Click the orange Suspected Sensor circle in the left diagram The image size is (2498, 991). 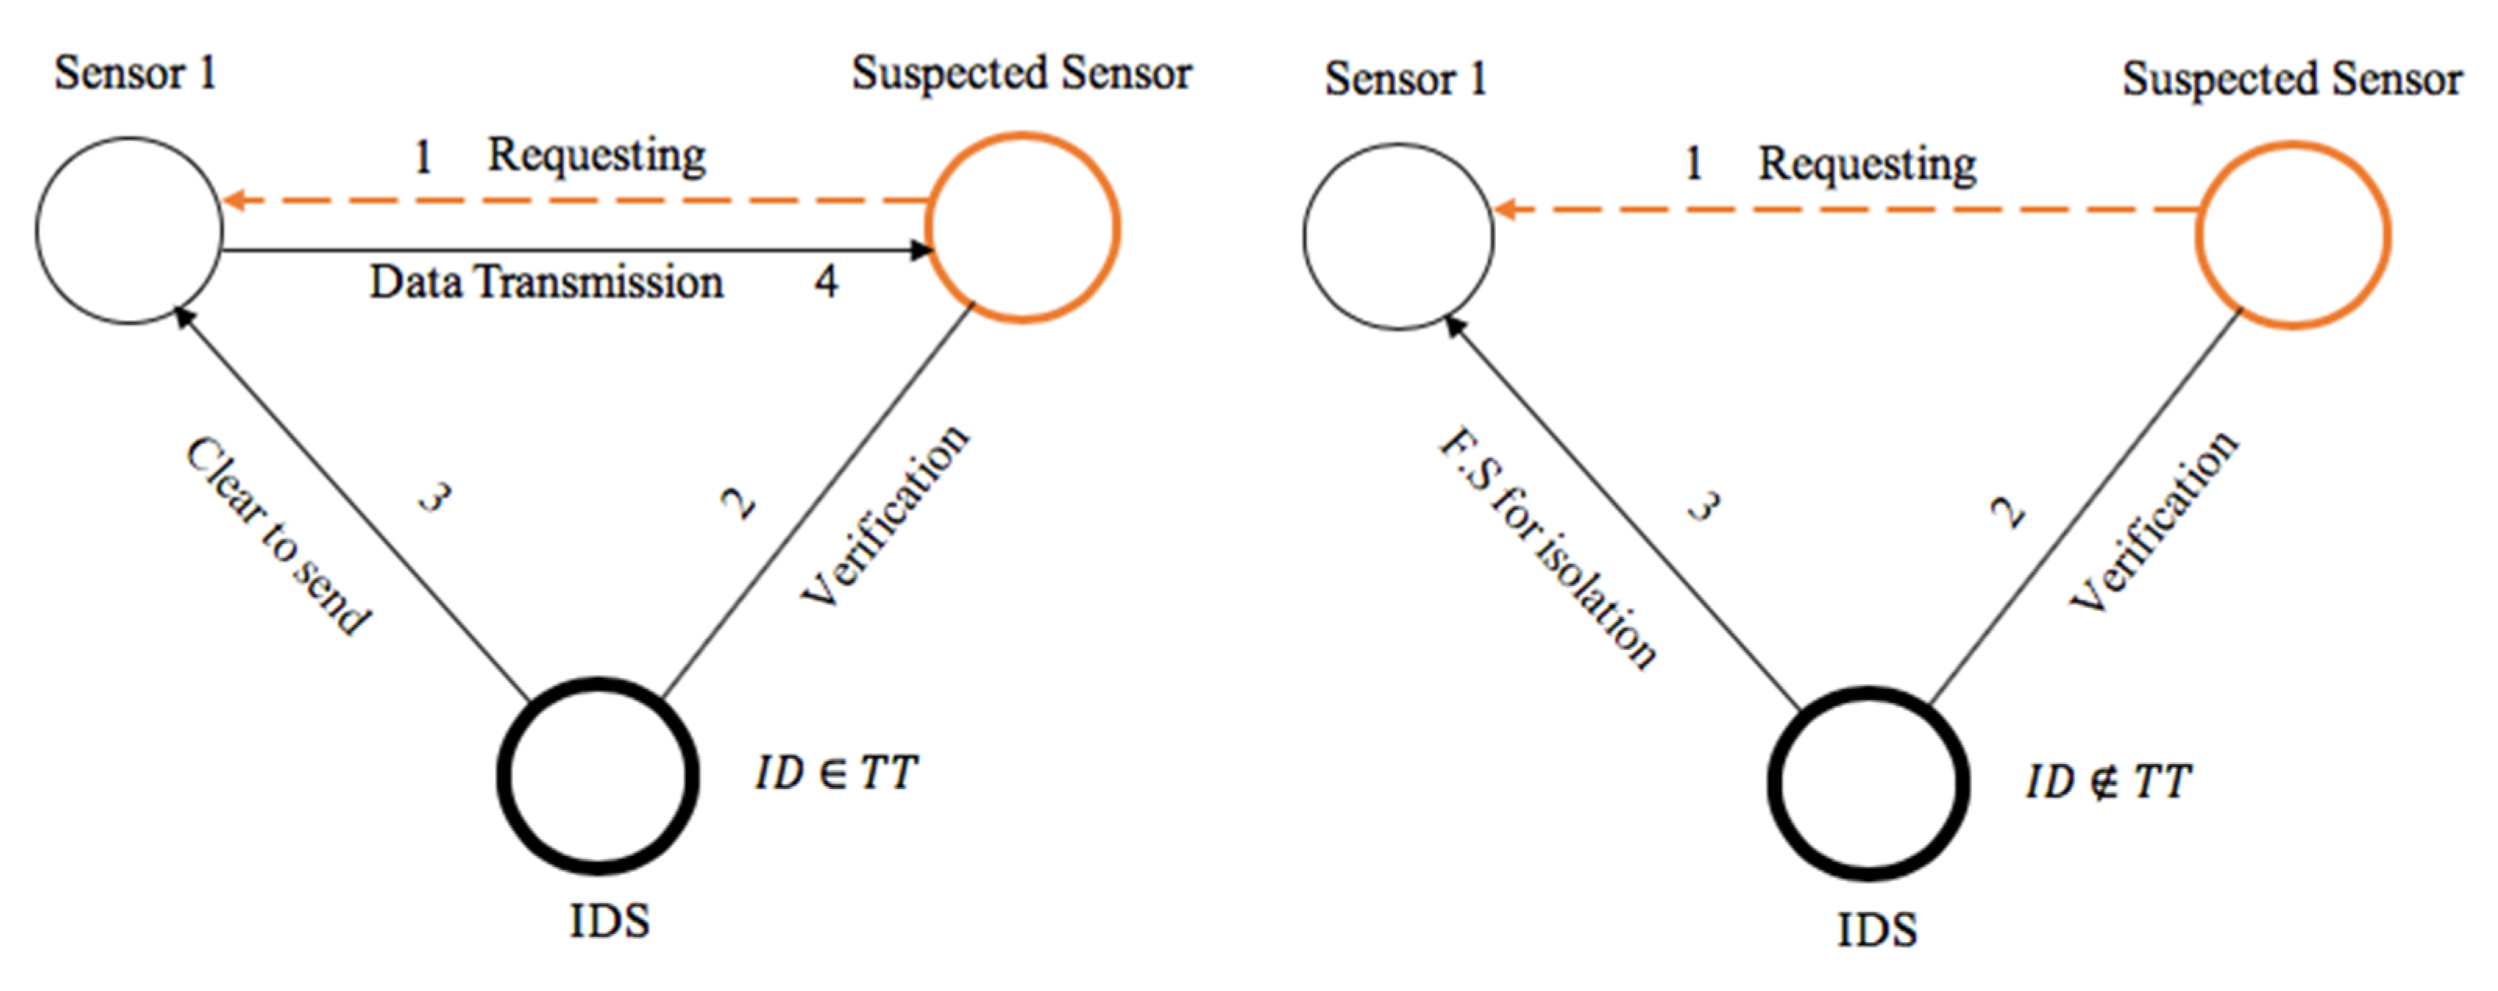pos(1023,228)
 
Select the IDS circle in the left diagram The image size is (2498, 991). pos(599,776)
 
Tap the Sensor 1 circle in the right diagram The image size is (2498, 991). pos(1398,236)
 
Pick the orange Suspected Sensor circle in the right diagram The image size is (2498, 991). pos(2294,236)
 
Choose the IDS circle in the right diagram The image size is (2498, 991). pos(1869,783)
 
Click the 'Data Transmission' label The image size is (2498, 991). pos(546,283)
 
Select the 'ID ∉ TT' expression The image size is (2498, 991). pos(2107,782)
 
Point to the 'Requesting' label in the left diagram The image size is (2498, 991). pos(596,155)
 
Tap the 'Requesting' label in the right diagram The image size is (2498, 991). pos(1867,163)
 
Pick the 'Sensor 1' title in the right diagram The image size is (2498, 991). pos(1406,79)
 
